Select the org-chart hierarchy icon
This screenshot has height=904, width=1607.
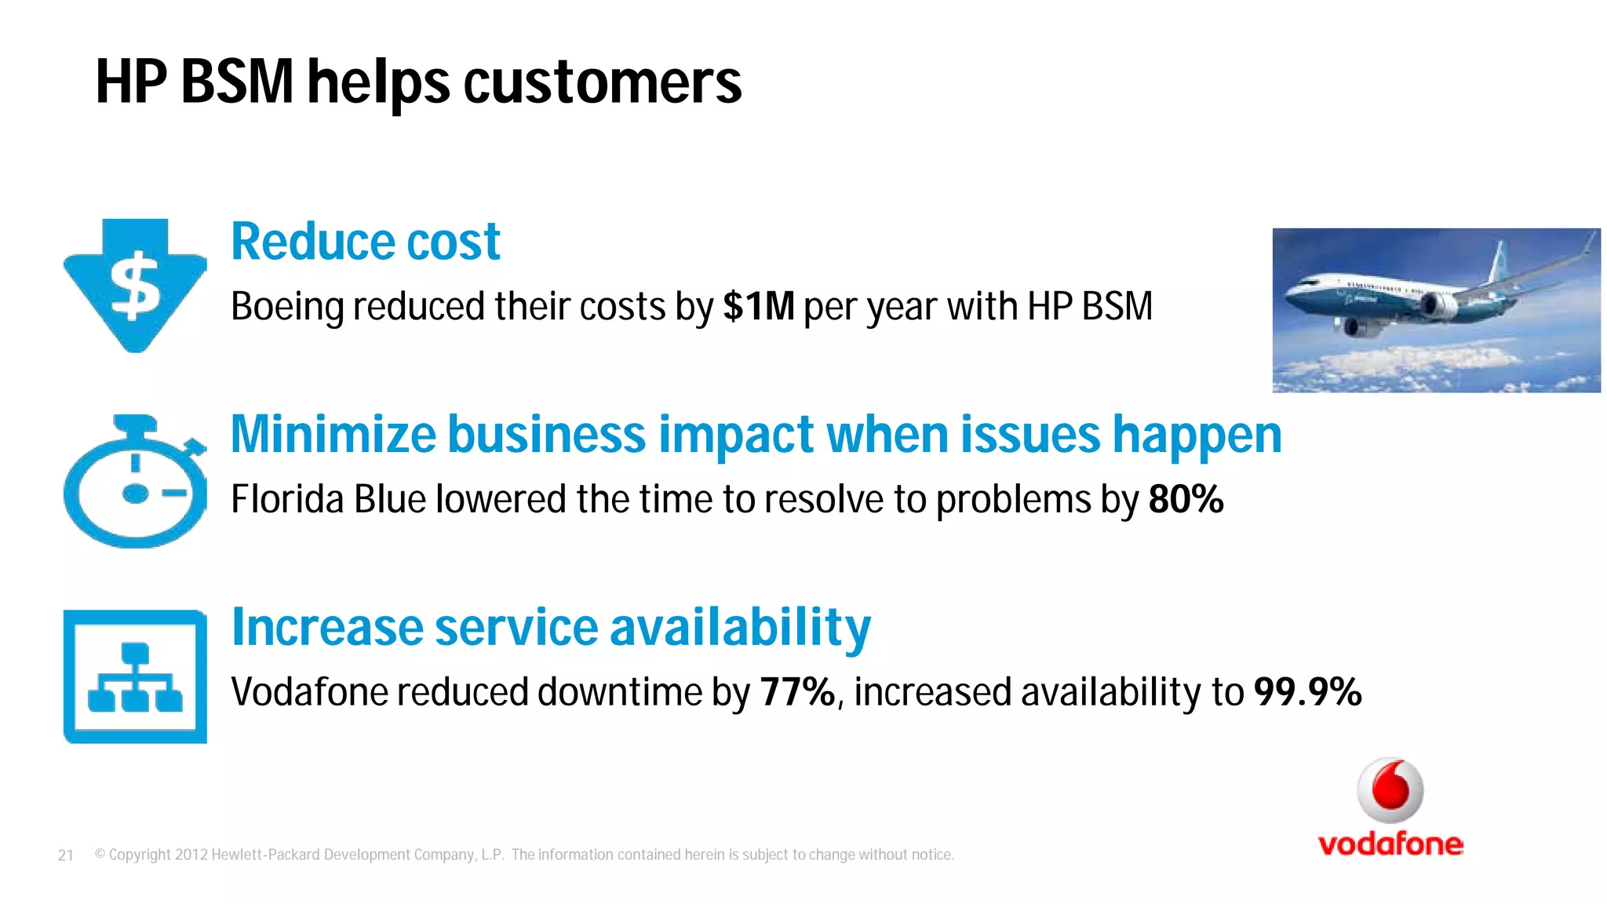135,676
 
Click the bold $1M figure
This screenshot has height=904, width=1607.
758,306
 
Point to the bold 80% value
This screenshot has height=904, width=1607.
1186,499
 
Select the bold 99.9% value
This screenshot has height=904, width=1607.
1307,692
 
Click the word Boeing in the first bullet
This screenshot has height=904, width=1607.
287,307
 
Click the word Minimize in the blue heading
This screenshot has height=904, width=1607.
333,435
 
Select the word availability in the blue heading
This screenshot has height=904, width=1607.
739,628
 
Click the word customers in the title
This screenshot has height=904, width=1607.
602,82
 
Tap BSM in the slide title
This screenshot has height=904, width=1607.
237,82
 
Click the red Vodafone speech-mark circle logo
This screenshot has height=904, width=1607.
1390,789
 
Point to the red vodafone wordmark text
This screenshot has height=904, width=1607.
1390,844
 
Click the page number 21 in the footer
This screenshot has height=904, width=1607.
66,855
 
